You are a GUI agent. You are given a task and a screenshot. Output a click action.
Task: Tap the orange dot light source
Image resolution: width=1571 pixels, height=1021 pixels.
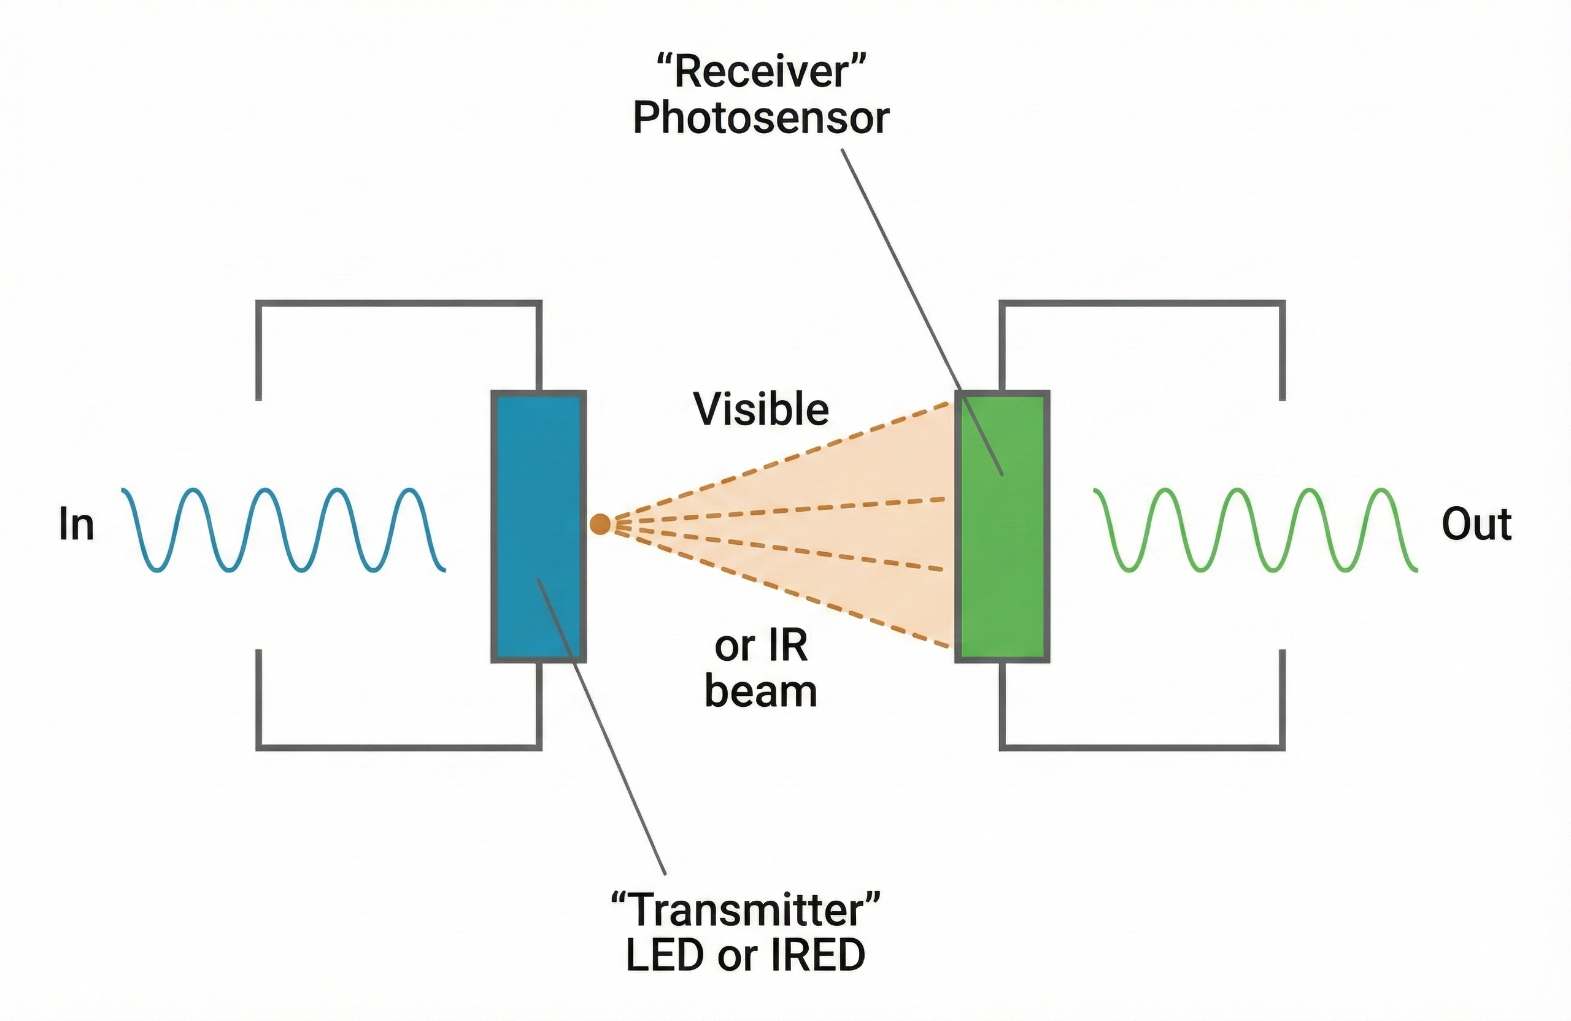point(600,524)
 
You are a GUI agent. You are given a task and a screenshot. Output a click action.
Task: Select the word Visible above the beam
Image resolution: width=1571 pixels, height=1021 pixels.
point(760,409)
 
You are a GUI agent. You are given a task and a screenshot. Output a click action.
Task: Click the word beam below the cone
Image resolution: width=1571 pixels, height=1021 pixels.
point(760,692)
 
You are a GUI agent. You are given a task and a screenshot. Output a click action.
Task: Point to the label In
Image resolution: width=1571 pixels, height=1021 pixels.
point(77,525)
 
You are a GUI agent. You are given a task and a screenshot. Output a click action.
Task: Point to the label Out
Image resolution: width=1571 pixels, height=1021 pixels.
point(1476,525)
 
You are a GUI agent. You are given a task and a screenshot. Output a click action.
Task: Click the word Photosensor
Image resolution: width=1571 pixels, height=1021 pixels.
point(760,119)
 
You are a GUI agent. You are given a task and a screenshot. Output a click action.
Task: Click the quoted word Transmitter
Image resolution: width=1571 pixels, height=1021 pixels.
point(746,909)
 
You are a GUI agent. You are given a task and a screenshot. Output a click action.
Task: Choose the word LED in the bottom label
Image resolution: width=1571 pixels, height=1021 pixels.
point(664,955)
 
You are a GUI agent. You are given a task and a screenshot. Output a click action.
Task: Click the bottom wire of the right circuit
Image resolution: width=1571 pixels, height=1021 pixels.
point(1142,747)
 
